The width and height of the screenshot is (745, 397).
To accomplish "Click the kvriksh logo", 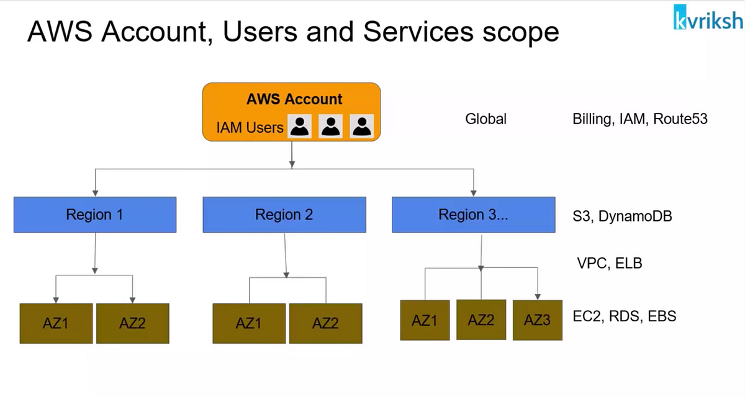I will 707,17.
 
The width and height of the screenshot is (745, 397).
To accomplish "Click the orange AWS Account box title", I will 294,99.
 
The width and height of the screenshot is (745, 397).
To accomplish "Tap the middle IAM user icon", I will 330,126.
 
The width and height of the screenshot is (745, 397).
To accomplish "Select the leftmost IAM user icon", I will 300,126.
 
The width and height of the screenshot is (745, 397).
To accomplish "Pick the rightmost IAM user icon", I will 361,126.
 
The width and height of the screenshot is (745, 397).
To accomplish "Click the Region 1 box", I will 94,215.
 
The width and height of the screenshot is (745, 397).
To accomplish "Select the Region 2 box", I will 284,215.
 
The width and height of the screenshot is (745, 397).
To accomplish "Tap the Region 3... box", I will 473,215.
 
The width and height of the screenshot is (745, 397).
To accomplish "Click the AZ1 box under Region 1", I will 56,323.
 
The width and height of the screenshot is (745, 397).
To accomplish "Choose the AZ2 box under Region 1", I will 132,323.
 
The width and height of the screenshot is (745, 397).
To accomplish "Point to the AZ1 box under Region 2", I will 250,323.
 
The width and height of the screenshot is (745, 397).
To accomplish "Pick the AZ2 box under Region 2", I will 325,323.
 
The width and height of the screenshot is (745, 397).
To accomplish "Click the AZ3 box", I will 538,320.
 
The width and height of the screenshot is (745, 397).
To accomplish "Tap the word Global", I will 485,119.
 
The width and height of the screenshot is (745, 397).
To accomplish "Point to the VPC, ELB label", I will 609,263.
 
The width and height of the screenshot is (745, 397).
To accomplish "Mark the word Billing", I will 593,119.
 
